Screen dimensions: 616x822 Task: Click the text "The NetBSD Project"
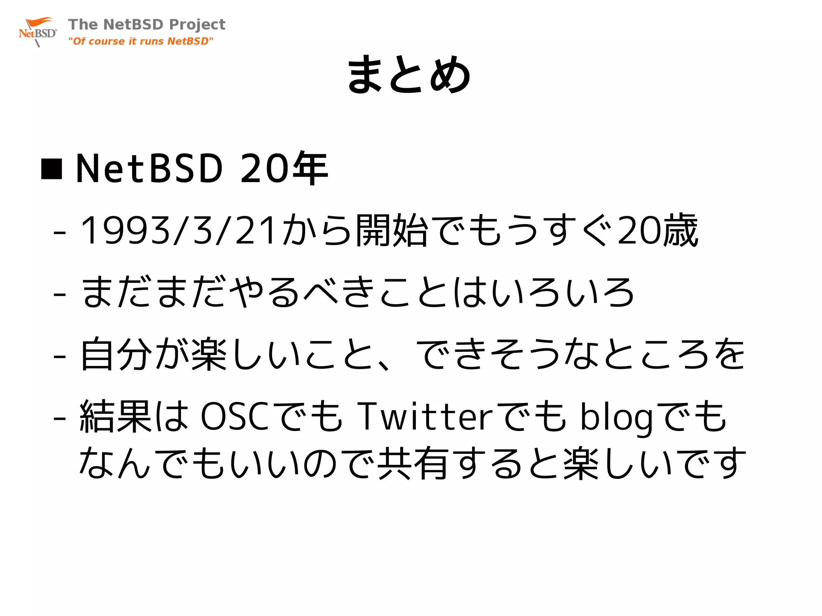click(146, 24)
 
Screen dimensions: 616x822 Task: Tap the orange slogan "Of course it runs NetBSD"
click(140, 41)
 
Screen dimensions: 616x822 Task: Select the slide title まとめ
click(409, 75)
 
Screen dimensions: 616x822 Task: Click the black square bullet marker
click(52, 169)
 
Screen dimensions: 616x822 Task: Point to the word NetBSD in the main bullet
click(149, 169)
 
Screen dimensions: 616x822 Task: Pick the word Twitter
click(425, 417)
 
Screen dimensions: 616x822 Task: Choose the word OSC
click(234, 417)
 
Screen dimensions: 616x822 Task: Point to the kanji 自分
click(117, 354)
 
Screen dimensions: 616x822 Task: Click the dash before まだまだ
click(59, 294)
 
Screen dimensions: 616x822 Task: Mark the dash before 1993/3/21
click(59, 232)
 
